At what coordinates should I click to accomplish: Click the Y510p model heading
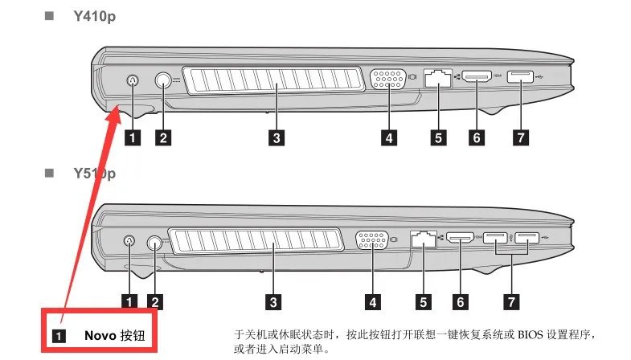(x=95, y=173)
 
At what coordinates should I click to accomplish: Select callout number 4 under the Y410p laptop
(x=389, y=137)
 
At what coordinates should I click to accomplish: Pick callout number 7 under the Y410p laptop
(x=521, y=137)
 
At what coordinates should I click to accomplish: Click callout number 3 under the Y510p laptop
(x=274, y=301)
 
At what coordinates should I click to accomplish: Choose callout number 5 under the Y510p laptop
(x=422, y=301)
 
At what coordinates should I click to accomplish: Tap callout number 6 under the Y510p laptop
(x=460, y=301)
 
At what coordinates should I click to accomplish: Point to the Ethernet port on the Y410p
(x=438, y=78)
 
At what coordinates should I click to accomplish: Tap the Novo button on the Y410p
(x=133, y=80)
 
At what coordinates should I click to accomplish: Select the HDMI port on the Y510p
(x=461, y=238)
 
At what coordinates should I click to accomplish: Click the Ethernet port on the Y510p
(x=421, y=238)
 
